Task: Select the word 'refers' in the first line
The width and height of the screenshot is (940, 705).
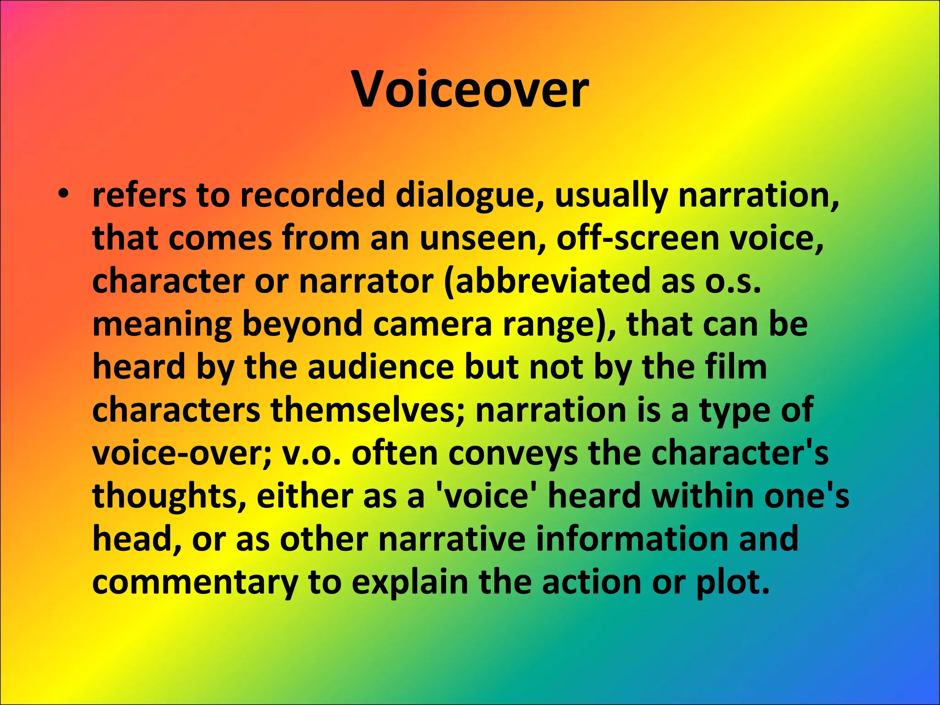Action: [139, 195]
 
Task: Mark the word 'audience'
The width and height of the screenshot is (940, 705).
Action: [381, 367]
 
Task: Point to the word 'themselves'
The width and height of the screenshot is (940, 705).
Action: [367, 409]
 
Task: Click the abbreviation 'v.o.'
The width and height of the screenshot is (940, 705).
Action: [312, 453]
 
